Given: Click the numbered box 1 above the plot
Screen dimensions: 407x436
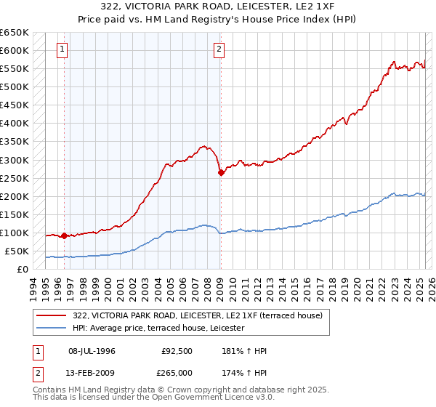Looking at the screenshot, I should (62, 50).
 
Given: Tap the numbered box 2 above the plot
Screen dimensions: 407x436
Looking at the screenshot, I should (219, 50).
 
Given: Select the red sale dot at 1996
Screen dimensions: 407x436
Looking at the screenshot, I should (65, 235).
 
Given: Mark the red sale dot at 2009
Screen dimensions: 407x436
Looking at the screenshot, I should (221, 172).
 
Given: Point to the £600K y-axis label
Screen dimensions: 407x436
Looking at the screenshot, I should (15, 50).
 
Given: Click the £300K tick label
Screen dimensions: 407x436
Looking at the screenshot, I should (15, 160).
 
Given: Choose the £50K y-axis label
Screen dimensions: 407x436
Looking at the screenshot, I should (17, 251).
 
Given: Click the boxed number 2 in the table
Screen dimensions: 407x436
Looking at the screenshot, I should (37, 374).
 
